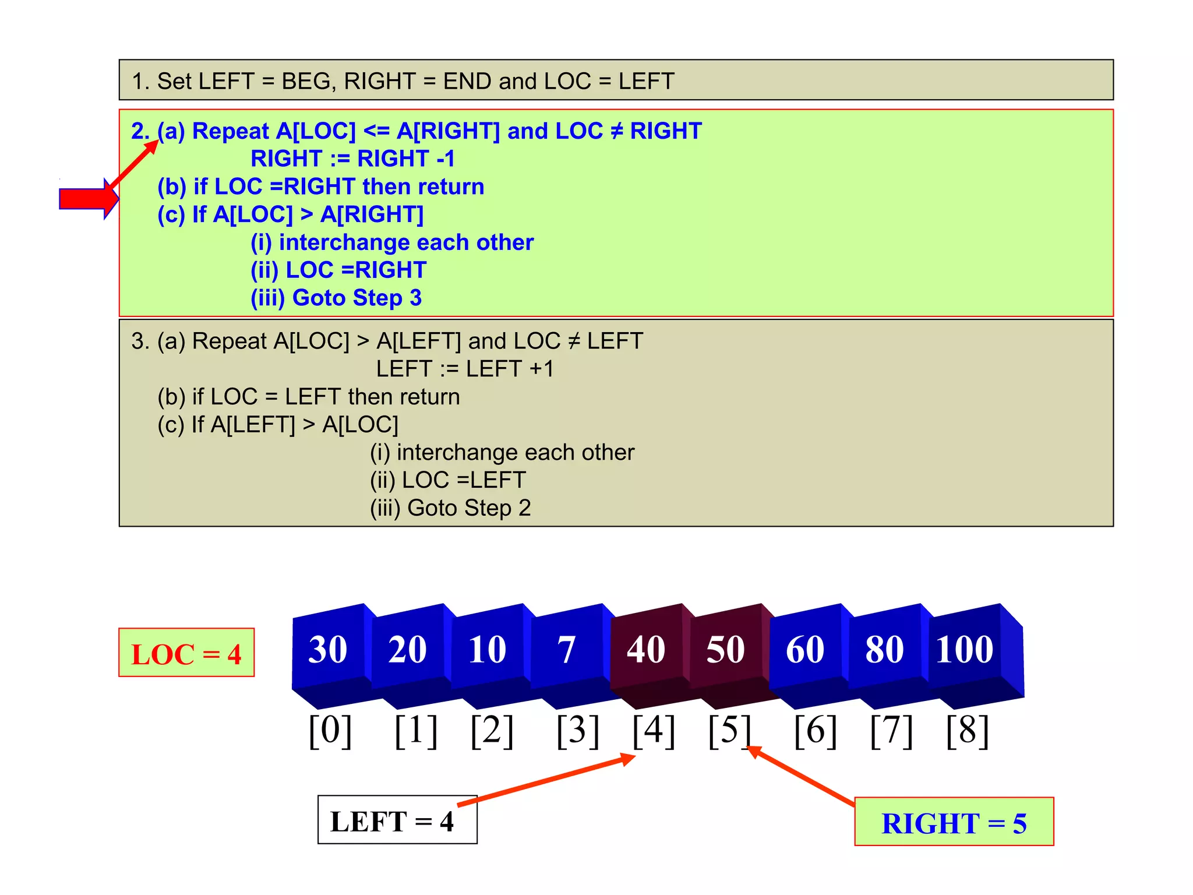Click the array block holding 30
pos(328,649)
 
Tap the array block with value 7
pos(566,649)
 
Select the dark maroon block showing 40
pos(646,649)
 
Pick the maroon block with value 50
pos(726,649)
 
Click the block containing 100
pos(965,649)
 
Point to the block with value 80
pos(884,649)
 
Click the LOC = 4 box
pos(186,653)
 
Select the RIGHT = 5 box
pos(954,822)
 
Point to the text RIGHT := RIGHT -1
pos(352,158)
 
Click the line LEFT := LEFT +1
pos(465,369)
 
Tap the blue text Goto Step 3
pos(357,298)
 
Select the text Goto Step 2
pos(469,508)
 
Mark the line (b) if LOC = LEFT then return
pos(309,397)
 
